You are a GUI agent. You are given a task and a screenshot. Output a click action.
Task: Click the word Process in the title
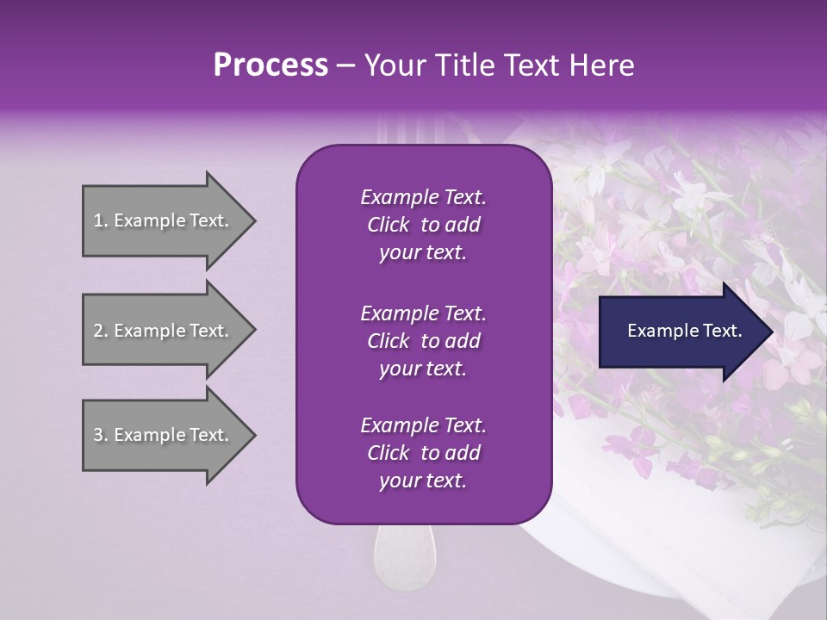270,65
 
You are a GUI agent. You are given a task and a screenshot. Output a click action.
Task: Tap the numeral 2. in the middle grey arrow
101,331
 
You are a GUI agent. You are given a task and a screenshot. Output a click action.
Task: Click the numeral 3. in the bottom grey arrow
101,435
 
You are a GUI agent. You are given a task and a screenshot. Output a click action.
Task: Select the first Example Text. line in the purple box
423,197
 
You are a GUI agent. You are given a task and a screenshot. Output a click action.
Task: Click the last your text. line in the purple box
423,481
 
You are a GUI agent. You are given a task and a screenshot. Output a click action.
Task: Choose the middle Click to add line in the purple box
423,341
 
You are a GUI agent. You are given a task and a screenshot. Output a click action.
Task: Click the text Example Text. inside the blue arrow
684,331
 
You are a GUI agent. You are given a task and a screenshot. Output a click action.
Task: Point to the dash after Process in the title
345,66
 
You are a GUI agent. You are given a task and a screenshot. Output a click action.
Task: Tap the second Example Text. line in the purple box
423,313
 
